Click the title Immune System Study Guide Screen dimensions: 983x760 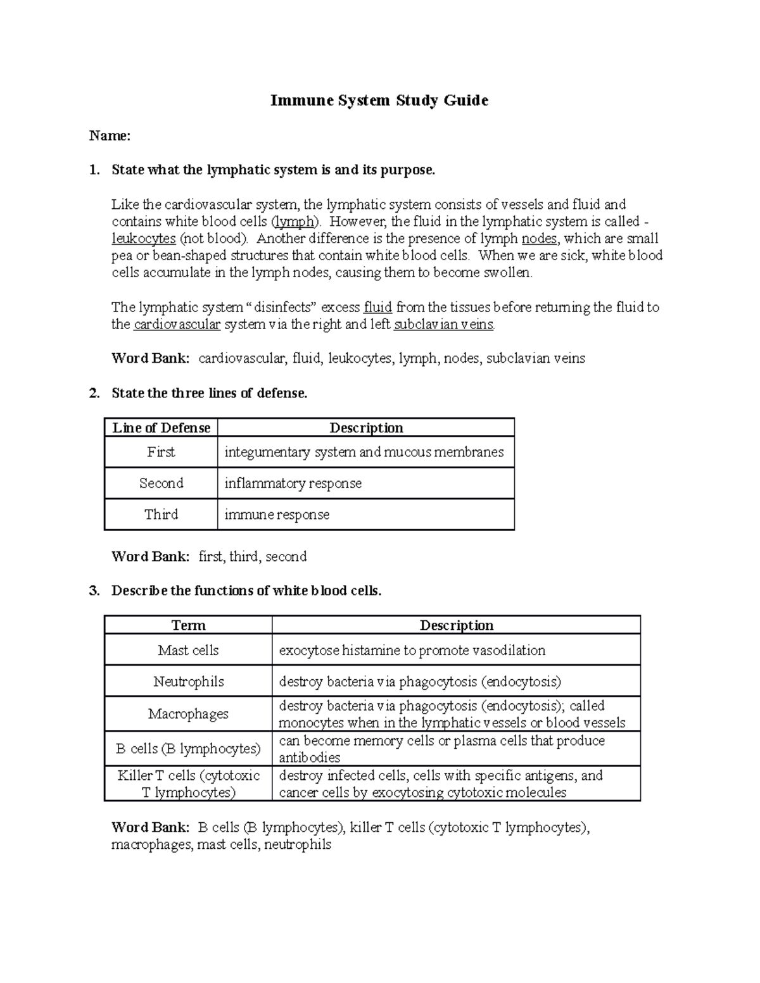click(x=379, y=101)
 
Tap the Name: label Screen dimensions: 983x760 click(x=110, y=135)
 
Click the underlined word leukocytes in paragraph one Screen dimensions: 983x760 click(x=144, y=239)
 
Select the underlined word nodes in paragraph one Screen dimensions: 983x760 click(x=539, y=239)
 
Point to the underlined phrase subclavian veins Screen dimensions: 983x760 click(x=443, y=325)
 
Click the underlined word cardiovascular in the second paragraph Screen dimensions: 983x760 click(x=177, y=325)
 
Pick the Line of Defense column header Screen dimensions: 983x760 click(x=161, y=428)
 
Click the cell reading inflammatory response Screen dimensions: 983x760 click(x=293, y=484)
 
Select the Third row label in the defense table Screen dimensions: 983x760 click(x=161, y=514)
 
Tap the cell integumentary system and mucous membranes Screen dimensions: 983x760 click(x=364, y=452)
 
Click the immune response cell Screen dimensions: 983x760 click(x=277, y=515)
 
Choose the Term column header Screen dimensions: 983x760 click(x=188, y=625)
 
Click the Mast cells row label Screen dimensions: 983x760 click(x=188, y=650)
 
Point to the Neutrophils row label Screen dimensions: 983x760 click(x=188, y=682)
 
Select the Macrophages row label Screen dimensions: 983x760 click(x=188, y=714)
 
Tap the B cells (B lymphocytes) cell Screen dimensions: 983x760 click(x=188, y=749)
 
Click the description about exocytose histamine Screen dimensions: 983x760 click(x=412, y=650)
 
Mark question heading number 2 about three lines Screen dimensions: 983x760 click(x=209, y=393)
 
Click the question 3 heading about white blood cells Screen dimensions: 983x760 click(x=246, y=591)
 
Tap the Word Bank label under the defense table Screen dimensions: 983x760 click(x=150, y=556)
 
